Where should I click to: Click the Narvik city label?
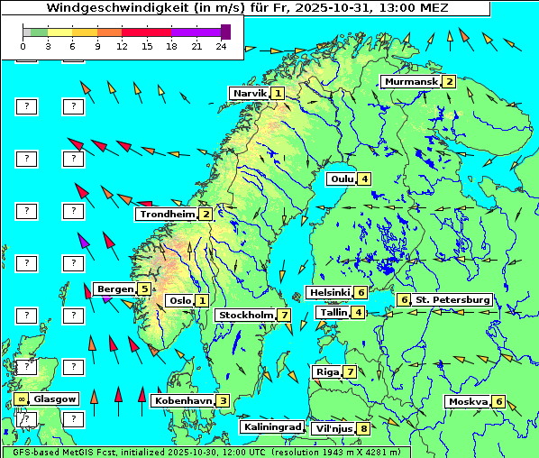coord(250,93)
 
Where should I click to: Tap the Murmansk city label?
coord(410,81)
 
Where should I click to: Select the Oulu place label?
coord(342,179)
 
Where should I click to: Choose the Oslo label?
coord(179,300)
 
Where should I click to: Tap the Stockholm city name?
coord(245,315)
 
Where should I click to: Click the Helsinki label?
coord(329,292)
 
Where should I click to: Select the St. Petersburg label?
coord(452,299)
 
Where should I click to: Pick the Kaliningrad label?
coord(271,426)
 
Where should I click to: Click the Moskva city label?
coord(468,401)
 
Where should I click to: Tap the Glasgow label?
coord(55,398)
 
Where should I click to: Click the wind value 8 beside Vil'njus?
coord(363,428)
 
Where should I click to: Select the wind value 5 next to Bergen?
coord(144,289)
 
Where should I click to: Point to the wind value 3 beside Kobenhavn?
coord(223,400)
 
